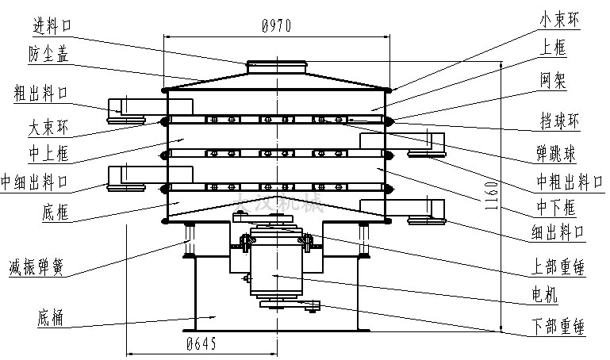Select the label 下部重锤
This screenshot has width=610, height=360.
560,325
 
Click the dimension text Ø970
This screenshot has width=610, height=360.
277,26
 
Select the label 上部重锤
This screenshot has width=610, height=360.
560,268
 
